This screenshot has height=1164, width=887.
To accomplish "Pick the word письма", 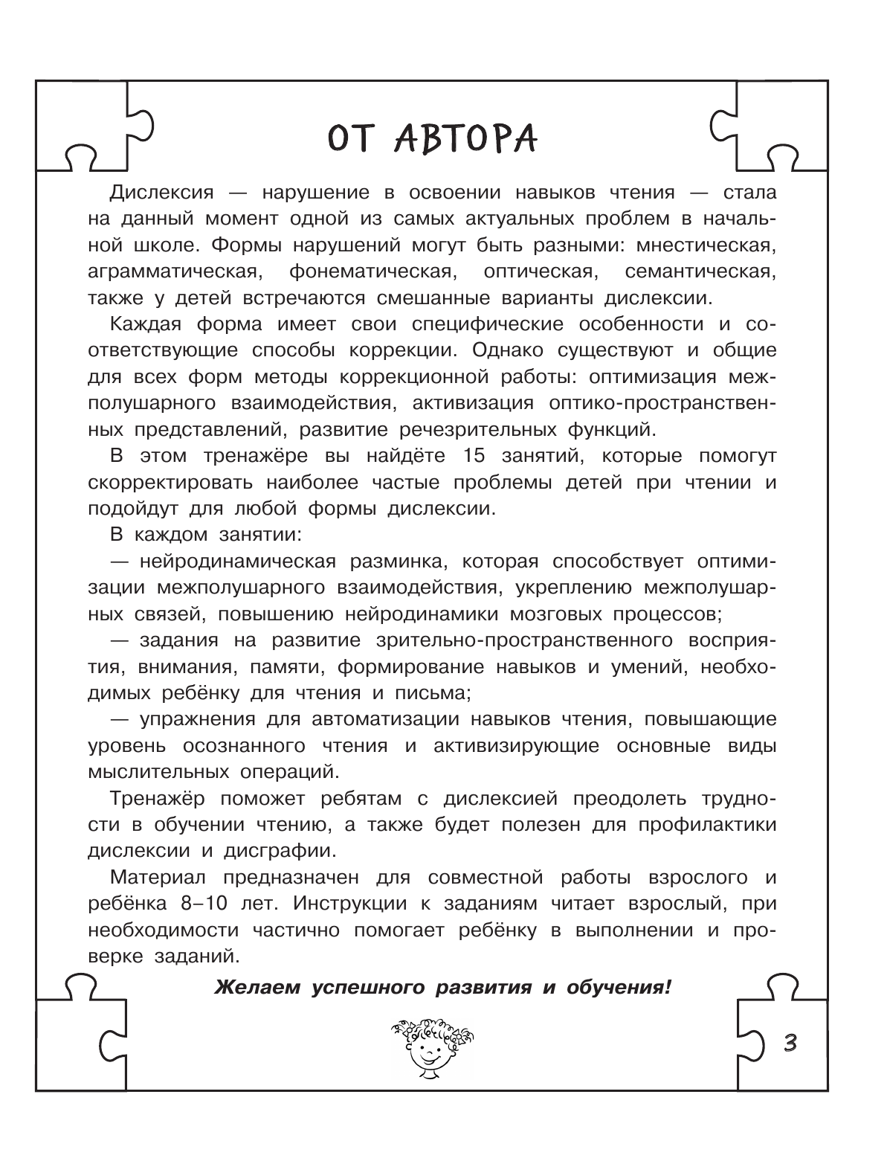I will click(x=434, y=692).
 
